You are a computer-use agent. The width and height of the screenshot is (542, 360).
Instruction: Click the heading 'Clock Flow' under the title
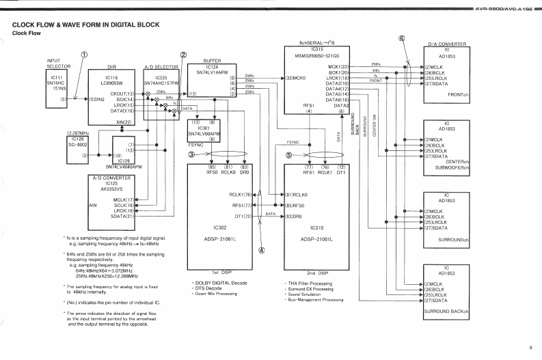(x=26, y=33)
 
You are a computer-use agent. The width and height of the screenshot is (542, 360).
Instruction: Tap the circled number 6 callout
(x=403, y=40)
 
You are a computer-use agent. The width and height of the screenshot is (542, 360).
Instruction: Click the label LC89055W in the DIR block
(x=113, y=83)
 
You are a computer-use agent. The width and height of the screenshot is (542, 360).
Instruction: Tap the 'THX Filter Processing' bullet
(x=311, y=283)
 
